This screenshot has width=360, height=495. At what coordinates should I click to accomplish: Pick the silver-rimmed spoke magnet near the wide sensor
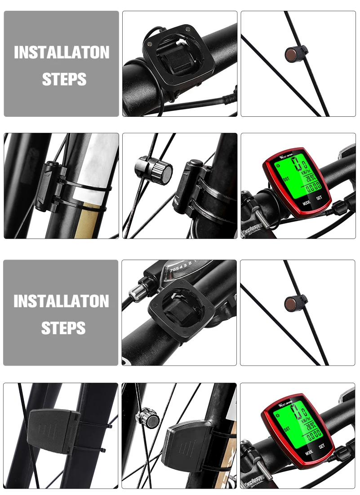point(149,417)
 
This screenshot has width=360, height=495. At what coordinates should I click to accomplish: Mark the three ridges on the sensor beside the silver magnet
point(182,447)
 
